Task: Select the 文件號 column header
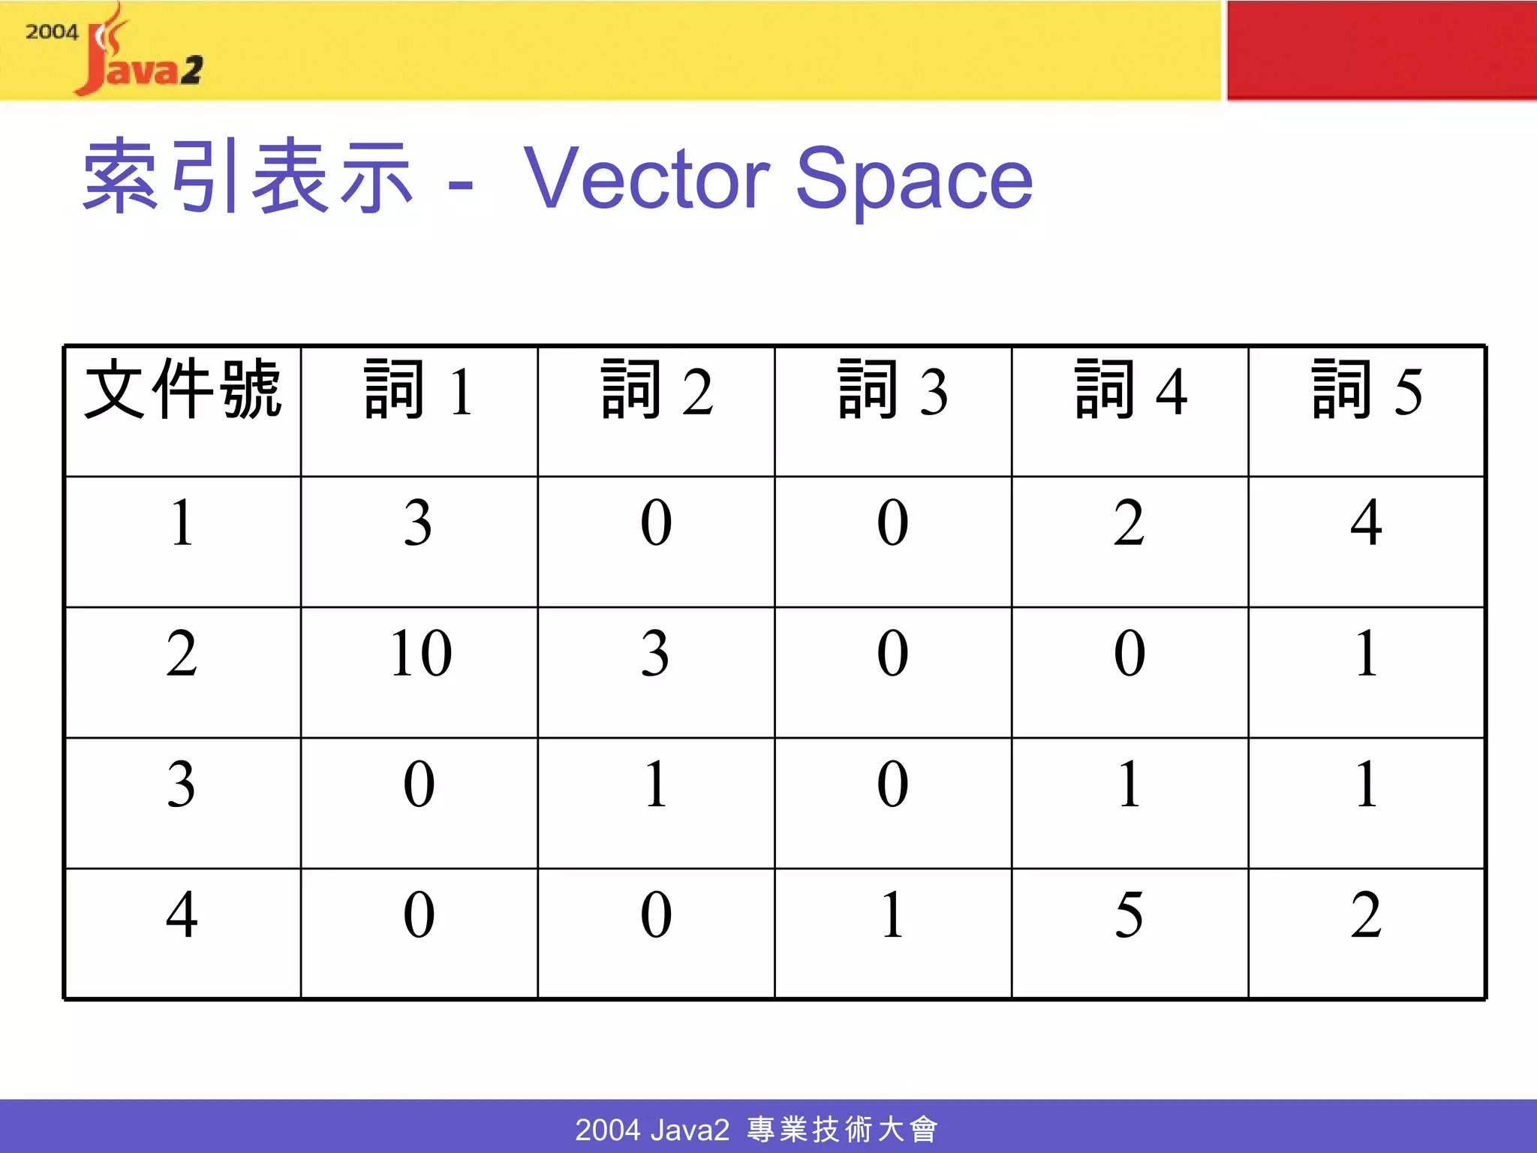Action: tap(182, 390)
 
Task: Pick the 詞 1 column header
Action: tap(419, 390)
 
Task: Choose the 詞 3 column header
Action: tap(892, 390)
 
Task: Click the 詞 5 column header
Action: tap(1367, 390)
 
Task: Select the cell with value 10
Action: tap(420, 654)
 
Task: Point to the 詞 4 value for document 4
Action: tap(1129, 915)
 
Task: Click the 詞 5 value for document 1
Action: tap(1366, 522)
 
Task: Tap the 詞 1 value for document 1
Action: tap(418, 522)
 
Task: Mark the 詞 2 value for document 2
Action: tap(655, 654)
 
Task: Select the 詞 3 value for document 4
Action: tap(892, 915)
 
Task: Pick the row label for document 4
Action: tap(182, 915)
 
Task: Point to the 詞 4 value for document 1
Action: tap(1129, 522)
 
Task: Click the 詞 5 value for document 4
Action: tap(1366, 915)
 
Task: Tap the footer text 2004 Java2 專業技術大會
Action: tap(756, 1129)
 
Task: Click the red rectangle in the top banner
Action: tap(1382, 50)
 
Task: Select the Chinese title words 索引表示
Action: tap(248, 177)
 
